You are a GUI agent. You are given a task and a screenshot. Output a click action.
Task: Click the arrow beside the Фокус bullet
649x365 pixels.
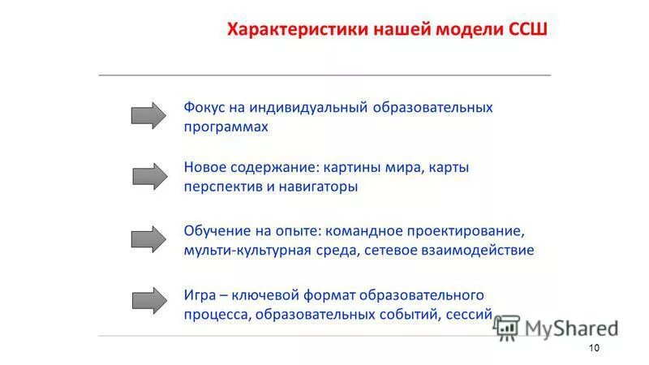coord(148,116)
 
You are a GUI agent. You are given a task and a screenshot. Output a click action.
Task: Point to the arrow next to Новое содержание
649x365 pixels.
coord(148,175)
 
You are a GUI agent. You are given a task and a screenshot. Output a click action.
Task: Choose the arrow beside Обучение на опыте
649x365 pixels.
coord(148,239)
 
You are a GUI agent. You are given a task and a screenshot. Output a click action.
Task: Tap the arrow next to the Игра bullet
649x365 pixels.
coord(148,301)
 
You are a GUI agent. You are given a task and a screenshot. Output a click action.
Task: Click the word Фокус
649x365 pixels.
coord(205,107)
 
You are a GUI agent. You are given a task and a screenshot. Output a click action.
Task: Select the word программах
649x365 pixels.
coord(226,127)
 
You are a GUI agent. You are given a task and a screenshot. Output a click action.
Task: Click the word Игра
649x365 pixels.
coord(199,294)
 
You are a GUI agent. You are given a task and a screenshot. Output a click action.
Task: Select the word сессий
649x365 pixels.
coord(468,314)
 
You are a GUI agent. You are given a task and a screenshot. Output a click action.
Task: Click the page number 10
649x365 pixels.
coord(593,348)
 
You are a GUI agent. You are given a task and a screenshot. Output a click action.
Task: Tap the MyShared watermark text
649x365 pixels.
coord(571,327)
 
